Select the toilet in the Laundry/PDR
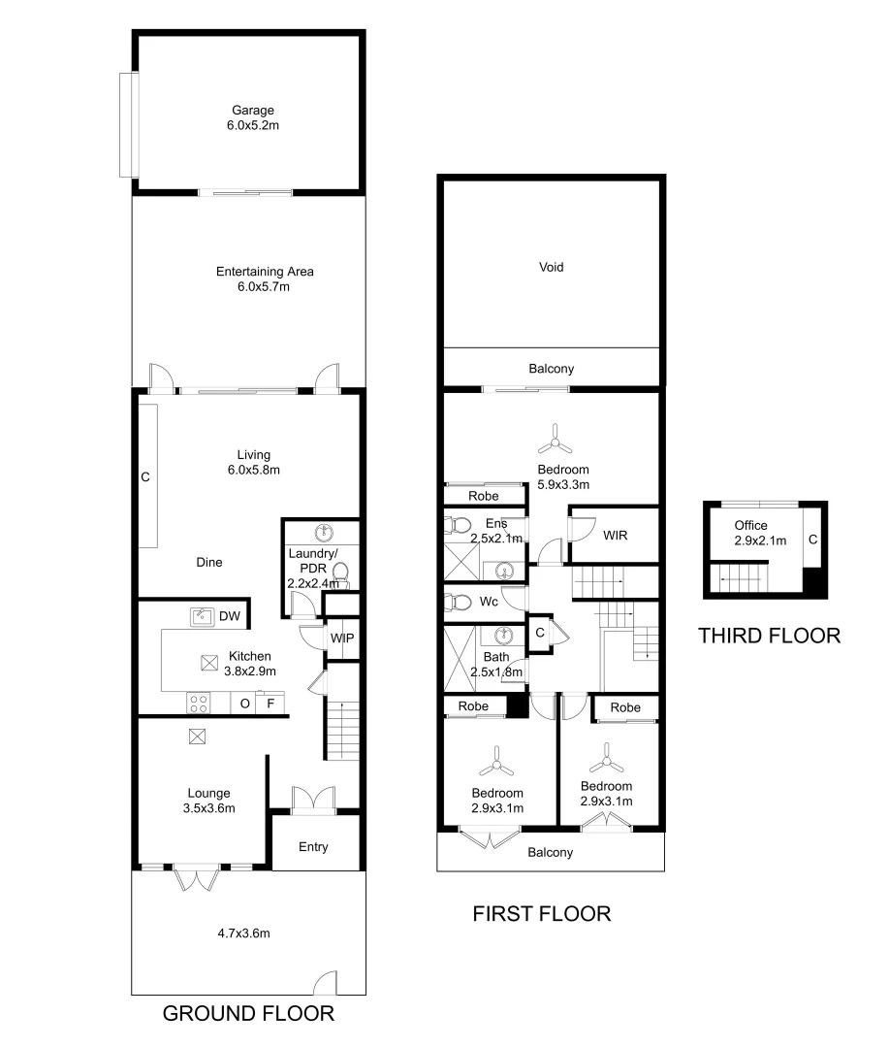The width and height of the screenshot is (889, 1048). tap(338, 581)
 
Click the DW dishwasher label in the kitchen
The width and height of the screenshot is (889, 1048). tap(229, 615)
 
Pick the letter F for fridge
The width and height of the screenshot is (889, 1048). tap(270, 704)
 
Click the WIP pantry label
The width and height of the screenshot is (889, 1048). tap(341, 639)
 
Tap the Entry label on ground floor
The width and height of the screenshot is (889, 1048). tap(313, 847)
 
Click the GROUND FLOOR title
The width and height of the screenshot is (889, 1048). tap(248, 1014)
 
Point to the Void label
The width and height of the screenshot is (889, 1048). tap(551, 267)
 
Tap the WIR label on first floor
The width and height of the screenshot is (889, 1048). tap(615, 535)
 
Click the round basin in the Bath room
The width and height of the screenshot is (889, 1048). tap(502, 637)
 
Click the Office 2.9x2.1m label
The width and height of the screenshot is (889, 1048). tap(751, 533)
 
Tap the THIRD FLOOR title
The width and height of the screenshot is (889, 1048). tap(769, 637)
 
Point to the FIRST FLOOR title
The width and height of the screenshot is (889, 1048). tap(541, 914)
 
